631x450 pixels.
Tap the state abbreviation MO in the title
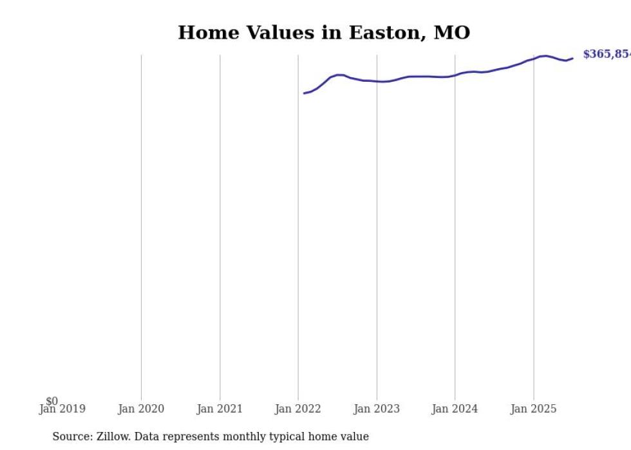tap(451, 33)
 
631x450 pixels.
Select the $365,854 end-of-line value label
tap(606, 55)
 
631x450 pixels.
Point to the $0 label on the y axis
tap(52, 401)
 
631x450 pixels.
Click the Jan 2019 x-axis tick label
tap(62, 409)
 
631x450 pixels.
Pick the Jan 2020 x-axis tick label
tap(141, 409)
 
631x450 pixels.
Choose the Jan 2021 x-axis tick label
tap(220, 409)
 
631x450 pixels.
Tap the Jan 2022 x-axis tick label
tap(298, 409)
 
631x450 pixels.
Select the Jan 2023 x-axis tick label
tap(377, 409)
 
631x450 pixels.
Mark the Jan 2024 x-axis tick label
tap(455, 409)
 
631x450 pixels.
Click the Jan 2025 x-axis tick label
tap(534, 409)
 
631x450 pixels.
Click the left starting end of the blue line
tap(305, 93)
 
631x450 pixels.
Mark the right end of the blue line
tap(572, 59)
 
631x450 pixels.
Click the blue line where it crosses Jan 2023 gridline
tap(377, 81)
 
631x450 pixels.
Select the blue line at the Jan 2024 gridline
tap(455, 75)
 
